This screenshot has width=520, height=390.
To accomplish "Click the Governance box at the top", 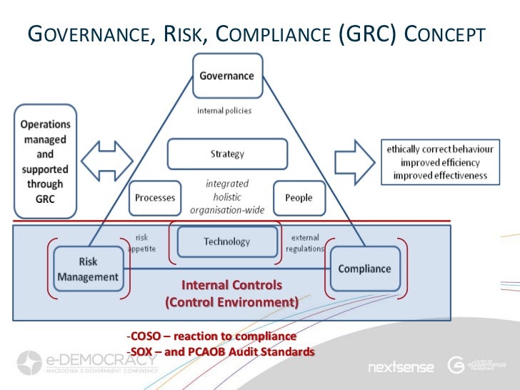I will click(x=226, y=76).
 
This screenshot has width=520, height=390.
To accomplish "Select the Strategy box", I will click(x=227, y=154).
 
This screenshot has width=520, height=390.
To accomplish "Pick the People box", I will click(x=299, y=198).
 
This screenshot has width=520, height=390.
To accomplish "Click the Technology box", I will click(x=227, y=241).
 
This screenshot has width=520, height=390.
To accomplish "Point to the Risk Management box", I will click(x=89, y=269).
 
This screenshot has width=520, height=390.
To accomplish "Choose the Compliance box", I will click(x=364, y=269).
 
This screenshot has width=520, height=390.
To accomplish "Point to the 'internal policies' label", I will click(x=224, y=111).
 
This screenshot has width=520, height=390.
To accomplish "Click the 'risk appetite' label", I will click(x=143, y=242).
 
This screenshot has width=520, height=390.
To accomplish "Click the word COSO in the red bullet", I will click(x=142, y=336).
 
